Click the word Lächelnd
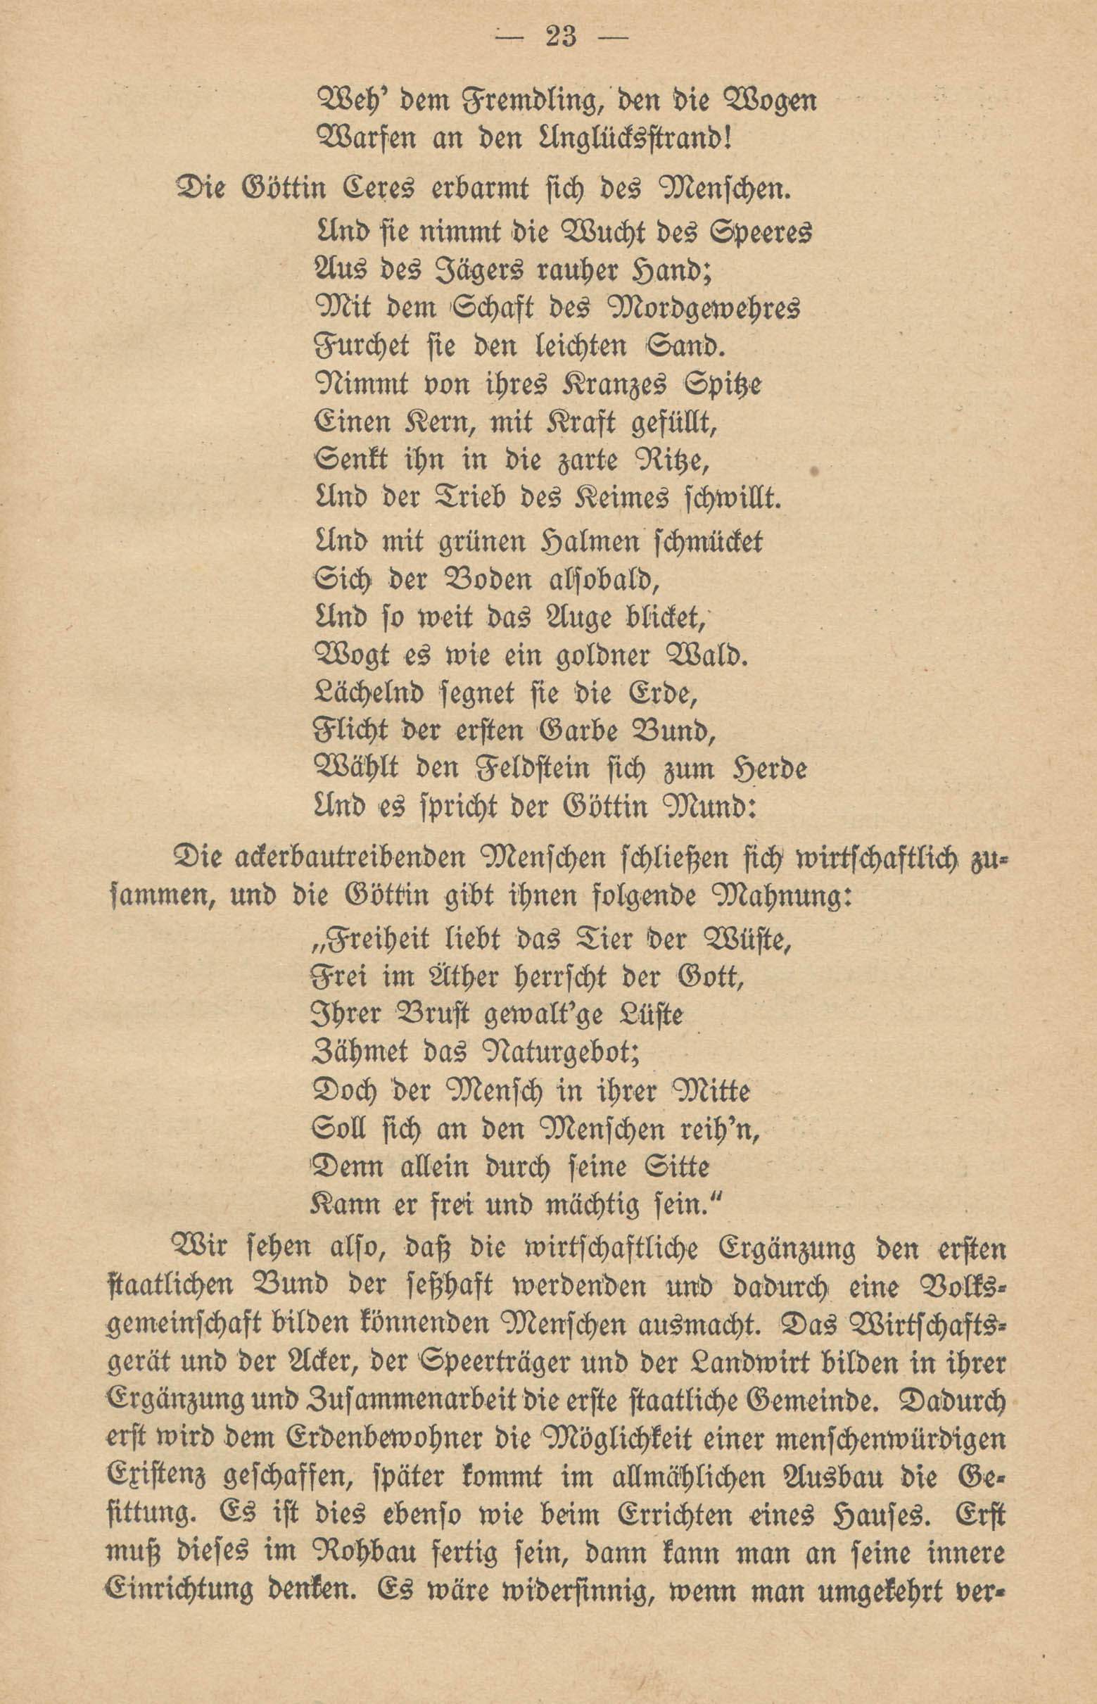(x=368, y=693)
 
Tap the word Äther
(x=448, y=978)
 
